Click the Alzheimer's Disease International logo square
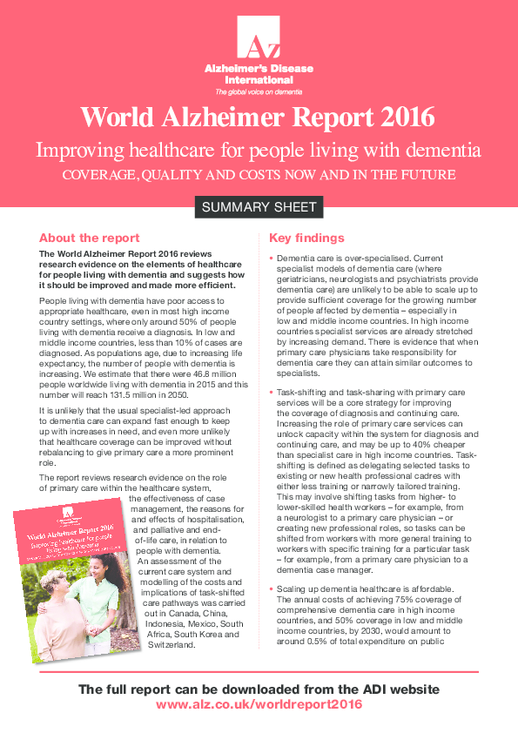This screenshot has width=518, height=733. click(x=259, y=38)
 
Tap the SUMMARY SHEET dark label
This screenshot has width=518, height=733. click(x=259, y=207)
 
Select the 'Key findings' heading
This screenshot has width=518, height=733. click(x=306, y=238)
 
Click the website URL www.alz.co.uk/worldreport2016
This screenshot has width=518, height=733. click(x=259, y=703)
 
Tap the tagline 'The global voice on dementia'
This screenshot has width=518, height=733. click(x=259, y=91)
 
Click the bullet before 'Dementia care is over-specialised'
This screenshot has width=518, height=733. click(x=272, y=259)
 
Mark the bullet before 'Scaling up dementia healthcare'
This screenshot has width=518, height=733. click(x=272, y=565)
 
